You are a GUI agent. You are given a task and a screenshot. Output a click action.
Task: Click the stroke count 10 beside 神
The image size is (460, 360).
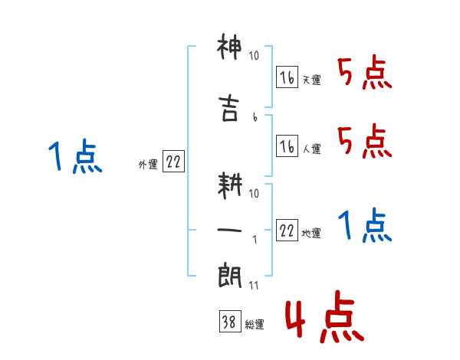pos(255,56)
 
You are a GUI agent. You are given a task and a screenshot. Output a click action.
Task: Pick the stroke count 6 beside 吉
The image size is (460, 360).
pos(255,116)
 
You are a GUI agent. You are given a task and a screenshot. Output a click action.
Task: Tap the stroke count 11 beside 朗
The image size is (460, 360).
pos(255,286)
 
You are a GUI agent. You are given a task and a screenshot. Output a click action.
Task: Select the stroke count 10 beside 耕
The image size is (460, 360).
pos(255,193)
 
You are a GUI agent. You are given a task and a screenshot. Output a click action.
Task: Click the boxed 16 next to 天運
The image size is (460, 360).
pos(287,77)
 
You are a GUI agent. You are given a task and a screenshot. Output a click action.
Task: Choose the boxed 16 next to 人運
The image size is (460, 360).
pos(287,146)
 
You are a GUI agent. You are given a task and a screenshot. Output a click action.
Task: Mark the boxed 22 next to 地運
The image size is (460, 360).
pos(287,231)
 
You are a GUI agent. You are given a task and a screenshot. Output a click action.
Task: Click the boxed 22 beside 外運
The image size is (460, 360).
pos(173,162)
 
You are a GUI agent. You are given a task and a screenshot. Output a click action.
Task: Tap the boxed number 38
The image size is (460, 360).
pos(228,322)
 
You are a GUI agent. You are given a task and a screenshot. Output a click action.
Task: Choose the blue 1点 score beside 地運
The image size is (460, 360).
pos(365,227)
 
